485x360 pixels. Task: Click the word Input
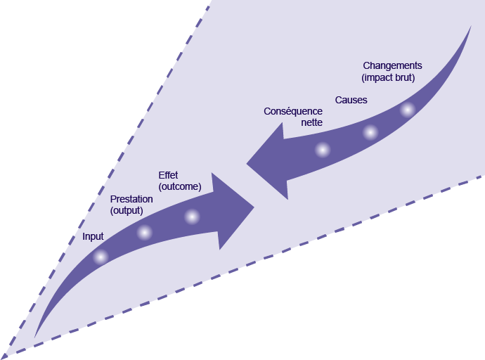coord(93,236)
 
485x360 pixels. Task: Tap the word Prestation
coord(131,200)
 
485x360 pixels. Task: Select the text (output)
coord(127,210)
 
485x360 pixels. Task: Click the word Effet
coord(169,175)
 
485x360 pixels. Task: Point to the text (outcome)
coord(180,186)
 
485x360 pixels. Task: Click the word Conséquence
coord(293,111)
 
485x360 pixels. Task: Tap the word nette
coord(311,122)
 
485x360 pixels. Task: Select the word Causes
coord(351,100)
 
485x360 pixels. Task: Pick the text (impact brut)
coord(387,77)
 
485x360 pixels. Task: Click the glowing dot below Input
coord(101,257)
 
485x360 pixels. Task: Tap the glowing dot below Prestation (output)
coord(144,232)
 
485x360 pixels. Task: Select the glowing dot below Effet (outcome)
coord(192,216)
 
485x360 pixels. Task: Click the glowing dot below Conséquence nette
coord(322,149)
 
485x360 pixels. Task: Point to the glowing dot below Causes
coord(370,132)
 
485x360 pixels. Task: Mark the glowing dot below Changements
coord(408,110)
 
